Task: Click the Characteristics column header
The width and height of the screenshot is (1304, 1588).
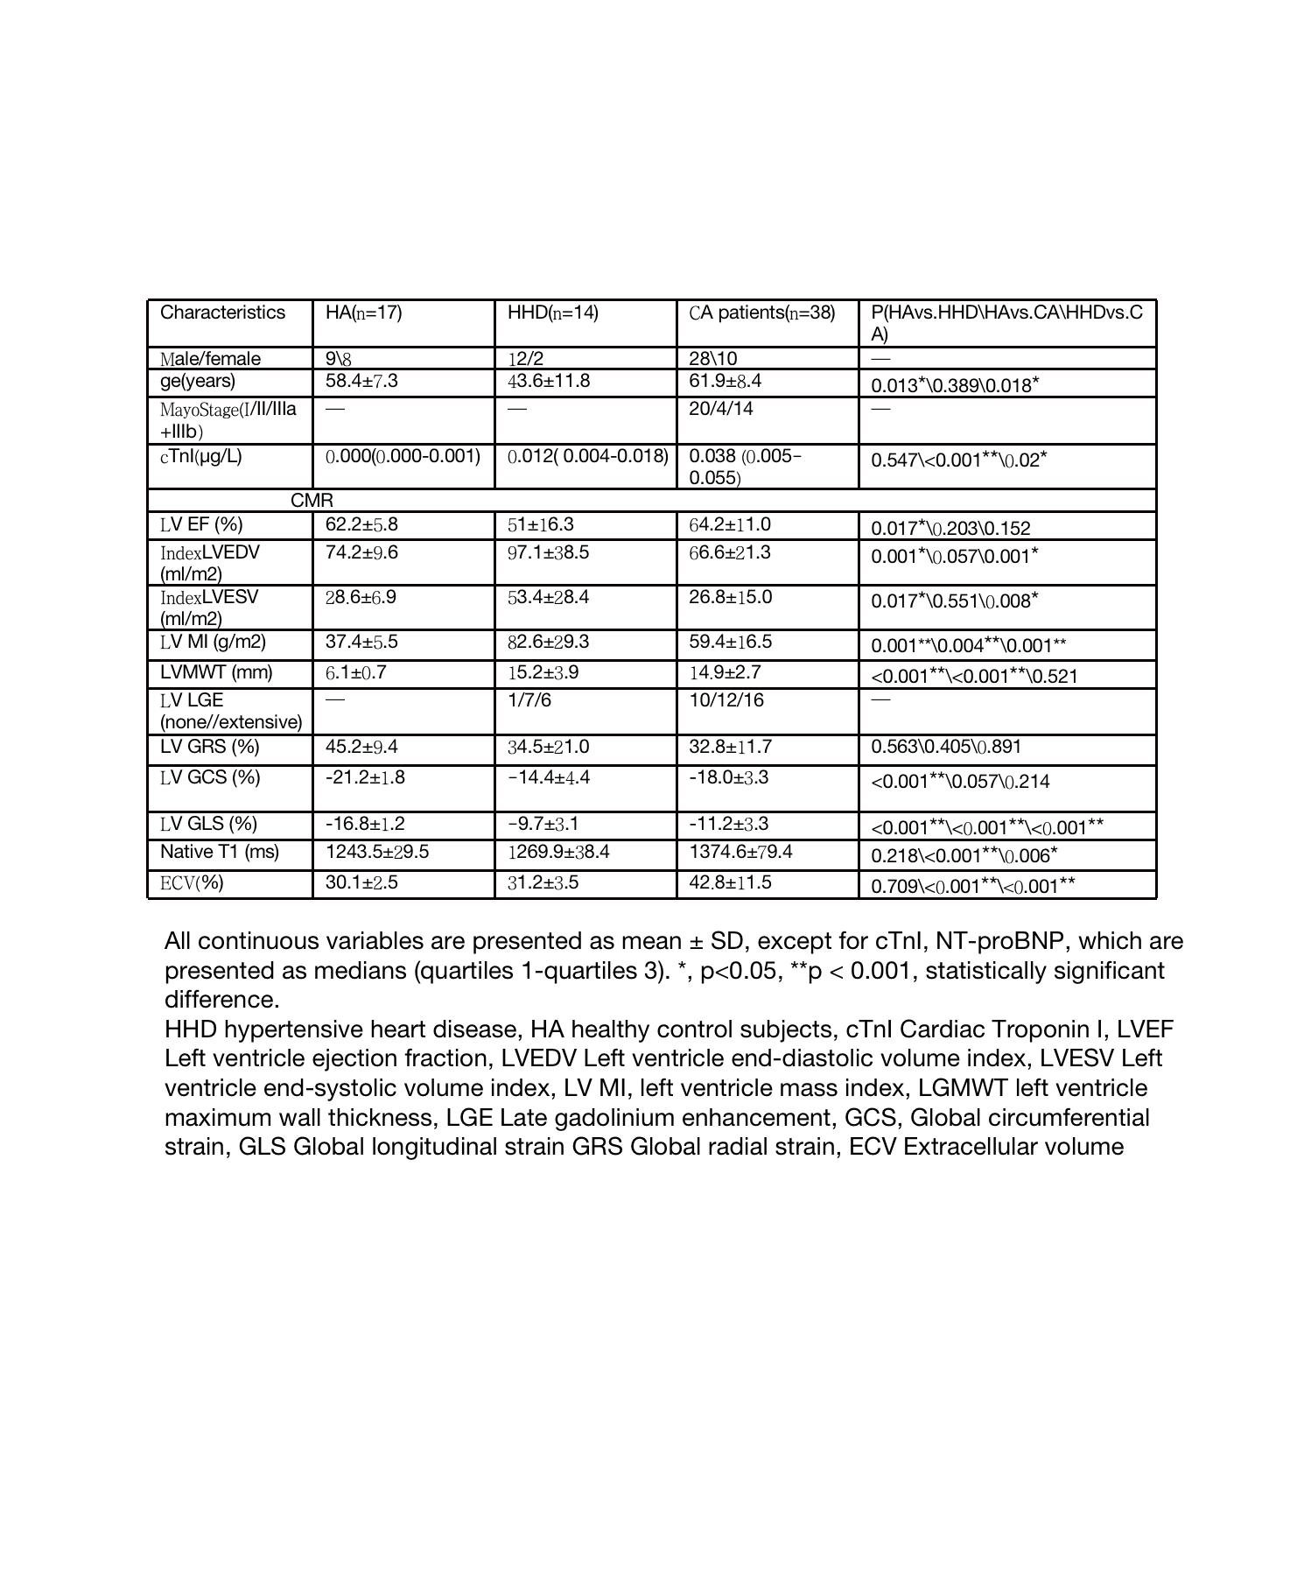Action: point(222,313)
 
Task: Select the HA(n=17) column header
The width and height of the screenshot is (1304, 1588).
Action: point(363,313)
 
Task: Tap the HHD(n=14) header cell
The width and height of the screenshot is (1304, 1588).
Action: point(552,313)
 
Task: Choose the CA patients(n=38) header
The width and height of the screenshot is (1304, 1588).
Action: point(761,313)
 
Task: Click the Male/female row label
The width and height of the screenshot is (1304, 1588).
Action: point(210,359)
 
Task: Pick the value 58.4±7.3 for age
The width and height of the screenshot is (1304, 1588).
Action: point(361,382)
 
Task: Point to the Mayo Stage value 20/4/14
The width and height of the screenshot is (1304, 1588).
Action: point(720,409)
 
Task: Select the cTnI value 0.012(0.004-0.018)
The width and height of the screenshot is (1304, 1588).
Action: point(587,456)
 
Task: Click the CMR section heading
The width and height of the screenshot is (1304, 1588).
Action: point(312,500)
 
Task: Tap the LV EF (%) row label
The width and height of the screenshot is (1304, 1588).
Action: point(201,524)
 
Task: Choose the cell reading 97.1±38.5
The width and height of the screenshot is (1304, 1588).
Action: point(548,552)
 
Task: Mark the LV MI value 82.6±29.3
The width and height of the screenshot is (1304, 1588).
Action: point(548,642)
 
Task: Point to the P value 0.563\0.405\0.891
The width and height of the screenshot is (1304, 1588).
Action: point(946,747)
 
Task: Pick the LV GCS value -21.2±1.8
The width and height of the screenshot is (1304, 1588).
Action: point(365,777)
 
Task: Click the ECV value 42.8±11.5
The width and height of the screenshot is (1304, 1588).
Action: point(730,882)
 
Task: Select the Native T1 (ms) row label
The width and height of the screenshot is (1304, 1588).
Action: point(219,852)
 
